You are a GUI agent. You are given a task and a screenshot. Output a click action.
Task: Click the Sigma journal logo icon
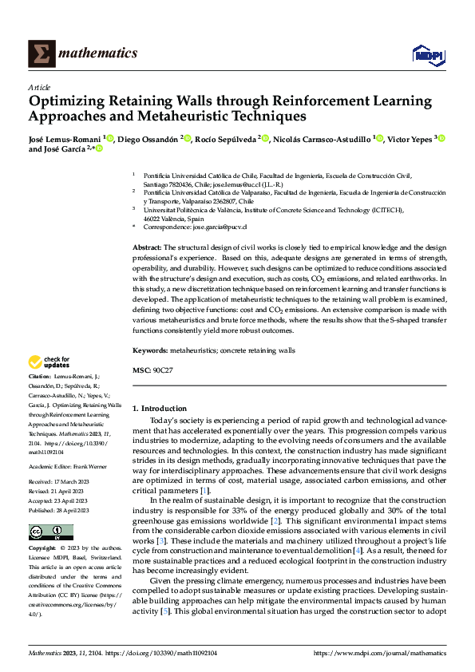click(x=42, y=53)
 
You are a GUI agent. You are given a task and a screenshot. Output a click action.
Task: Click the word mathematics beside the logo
click(x=99, y=53)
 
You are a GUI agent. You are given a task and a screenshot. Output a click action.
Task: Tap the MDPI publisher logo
click(x=429, y=54)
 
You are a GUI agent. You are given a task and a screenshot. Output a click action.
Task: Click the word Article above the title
click(x=39, y=87)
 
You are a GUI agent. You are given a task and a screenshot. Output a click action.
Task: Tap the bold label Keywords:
click(x=151, y=350)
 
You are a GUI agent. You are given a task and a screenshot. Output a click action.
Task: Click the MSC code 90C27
click(x=164, y=370)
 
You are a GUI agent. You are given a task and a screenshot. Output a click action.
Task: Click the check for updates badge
click(x=49, y=362)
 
